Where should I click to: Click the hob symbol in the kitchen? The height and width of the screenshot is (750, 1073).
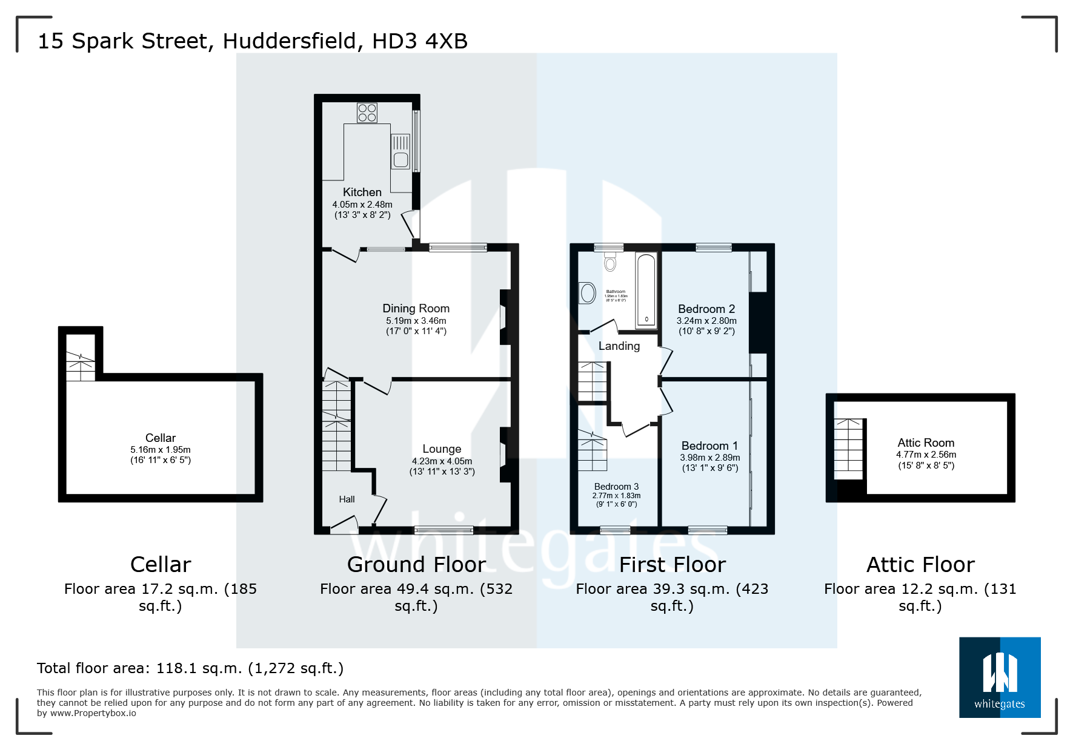pyautogui.click(x=367, y=113)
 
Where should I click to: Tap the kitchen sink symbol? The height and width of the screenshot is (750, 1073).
pyautogui.click(x=400, y=152)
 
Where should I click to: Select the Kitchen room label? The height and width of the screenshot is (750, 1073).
pyautogui.click(x=362, y=192)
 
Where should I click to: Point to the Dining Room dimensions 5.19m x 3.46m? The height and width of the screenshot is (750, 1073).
pyautogui.click(x=416, y=321)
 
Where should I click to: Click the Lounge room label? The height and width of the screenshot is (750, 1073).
pyautogui.click(x=442, y=449)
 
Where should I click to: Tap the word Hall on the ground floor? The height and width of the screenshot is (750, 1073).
pyautogui.click(x=347, y=499)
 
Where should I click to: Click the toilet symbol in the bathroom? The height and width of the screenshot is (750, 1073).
pyautogui.click(x=610, y=262)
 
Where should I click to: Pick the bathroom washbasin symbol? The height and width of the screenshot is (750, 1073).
pyautogui.click(x=588, y=294)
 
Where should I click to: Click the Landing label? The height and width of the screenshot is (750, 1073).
pyautogui.click(x=619, y=346)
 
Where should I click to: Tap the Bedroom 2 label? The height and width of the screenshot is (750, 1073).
pyautogui.click(x=706, y=309)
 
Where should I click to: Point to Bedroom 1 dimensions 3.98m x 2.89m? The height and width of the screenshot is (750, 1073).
pyautogui.click(x=709, y=458)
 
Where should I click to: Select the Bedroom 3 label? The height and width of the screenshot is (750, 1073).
pyautogui.click(x=616, y=487)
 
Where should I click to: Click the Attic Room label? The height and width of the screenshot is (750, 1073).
pyautogui.click(x=925, y=442)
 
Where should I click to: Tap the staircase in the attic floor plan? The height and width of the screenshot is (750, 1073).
pyautogui.click(x=848, y=449)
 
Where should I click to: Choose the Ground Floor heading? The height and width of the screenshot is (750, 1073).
pyautogui.click(x=416, y=564)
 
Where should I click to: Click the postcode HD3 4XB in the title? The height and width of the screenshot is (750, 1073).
pyautogui.click(x=419, y=41)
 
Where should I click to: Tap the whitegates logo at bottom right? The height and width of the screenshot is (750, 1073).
pyautogui.click(x=999, y=677)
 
